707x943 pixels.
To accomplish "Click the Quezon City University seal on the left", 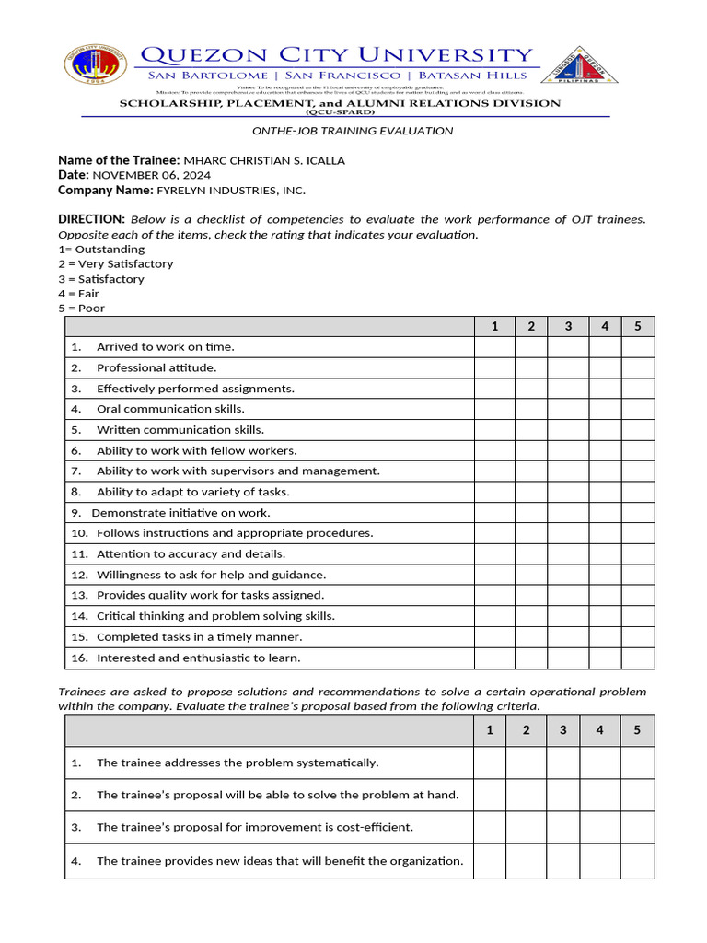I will coord(96,65).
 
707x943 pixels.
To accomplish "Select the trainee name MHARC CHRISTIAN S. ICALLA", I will coord(264,160).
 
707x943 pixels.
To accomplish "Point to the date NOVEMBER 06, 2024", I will coord(151,175).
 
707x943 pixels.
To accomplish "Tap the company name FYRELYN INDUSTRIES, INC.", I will coord(231,190).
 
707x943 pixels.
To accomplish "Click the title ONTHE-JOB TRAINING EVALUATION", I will coord(353,131).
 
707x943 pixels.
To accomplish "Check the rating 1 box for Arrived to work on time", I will coord(494,347).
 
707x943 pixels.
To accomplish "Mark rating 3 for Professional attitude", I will coord(568,367).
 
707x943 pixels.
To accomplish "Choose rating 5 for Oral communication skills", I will coord(638,409).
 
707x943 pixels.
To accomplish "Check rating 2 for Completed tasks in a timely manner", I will coord(531,637).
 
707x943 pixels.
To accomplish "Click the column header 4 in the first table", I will coord(605,326).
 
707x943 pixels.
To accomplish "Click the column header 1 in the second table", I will coord(490,730).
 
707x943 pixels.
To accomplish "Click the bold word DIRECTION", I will coord(91,219).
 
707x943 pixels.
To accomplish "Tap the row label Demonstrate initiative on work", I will coord(180,513).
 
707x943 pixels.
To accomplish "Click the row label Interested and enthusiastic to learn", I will coord(198,658).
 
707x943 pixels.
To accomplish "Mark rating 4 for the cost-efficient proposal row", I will coord(599,827).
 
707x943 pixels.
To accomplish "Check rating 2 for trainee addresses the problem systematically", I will coord(526,763).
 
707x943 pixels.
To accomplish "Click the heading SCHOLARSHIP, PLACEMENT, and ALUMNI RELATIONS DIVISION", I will coord(340,103).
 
